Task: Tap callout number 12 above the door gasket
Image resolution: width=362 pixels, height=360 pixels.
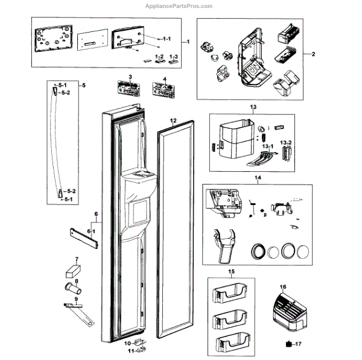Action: (x=173, y=121)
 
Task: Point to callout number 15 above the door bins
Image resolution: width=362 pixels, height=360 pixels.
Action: (x=232, y=272)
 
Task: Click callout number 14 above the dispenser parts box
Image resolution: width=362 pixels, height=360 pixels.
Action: (x=258, y=178)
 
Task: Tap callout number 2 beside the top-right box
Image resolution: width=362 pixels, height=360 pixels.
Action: (x=314, y=55)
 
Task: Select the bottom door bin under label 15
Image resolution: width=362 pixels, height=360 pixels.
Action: (x=232, y=344)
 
